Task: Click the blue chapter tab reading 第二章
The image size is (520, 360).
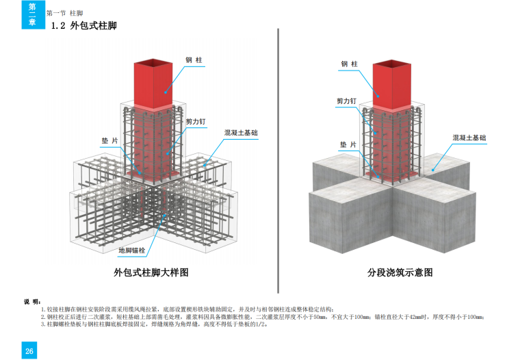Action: [x=32, y=15]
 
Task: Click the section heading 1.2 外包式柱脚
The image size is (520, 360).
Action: [x=84, y=27]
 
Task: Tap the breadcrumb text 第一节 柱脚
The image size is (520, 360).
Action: [x=65, y=13]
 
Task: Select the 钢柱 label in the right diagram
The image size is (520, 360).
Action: [x=350, y=64]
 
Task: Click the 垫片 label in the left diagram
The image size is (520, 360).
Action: [x=109, y=140]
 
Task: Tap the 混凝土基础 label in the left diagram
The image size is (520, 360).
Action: [x=240, y=131]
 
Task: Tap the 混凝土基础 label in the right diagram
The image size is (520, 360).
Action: [x=470, y=138]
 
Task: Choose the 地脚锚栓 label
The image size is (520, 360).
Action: [x=131, y=250]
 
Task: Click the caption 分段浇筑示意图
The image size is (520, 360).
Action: [x=400, y=272]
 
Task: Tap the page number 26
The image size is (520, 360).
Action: [x=29, y=351]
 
